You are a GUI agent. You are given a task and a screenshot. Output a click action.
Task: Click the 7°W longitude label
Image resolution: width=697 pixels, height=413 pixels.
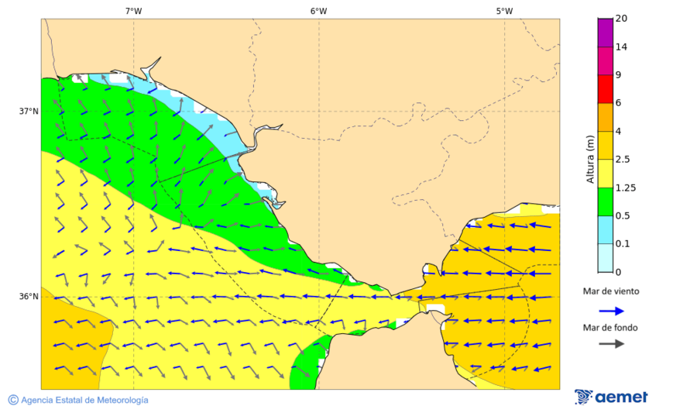click(x=133, y=11)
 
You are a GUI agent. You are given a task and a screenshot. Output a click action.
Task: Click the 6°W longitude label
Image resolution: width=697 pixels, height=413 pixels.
click(x=318, y=11)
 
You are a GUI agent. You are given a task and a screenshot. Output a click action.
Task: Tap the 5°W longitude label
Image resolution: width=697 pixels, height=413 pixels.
click(x=504, y=11)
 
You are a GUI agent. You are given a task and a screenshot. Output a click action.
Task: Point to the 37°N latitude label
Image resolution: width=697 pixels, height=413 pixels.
click(x=29, y=111)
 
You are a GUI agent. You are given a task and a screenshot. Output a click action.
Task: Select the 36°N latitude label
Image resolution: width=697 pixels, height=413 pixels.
click(x=29, y=297)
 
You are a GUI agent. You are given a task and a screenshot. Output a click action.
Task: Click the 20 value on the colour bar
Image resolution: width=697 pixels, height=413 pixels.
click(x=621, y=19)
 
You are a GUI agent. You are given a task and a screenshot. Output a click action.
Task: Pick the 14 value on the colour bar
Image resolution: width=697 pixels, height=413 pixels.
click(x=621, y=47)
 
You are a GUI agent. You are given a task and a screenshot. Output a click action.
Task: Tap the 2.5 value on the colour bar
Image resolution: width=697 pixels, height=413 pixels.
click(x=622, y=160)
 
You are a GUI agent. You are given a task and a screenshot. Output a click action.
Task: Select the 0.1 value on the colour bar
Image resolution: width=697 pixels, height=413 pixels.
click(x=622, y=244)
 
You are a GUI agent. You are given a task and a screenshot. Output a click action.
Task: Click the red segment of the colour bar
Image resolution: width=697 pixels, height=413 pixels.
click(x=605, y=89)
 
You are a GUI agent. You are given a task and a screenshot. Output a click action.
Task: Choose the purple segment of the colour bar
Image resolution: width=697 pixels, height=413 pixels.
click(x=605, y=33)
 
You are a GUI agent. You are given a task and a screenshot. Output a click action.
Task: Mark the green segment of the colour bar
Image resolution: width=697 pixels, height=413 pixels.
click(x=605, y=201)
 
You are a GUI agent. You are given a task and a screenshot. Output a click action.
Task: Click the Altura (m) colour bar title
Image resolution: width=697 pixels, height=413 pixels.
click(x=590, y=160)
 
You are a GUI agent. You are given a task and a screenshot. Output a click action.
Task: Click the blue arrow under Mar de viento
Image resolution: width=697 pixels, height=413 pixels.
click(x=612, y=311)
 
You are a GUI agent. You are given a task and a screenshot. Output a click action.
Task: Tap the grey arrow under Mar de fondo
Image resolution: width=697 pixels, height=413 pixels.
click(x=612, y=343)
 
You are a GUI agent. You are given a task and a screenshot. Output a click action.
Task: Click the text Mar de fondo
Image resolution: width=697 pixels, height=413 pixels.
click(x=611, y=328)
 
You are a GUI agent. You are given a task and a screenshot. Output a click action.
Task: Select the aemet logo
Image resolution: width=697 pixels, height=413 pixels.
click(x=611, y=397)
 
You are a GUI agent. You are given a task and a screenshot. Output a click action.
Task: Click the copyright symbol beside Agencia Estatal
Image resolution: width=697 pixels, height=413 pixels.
click(x=13, y=400)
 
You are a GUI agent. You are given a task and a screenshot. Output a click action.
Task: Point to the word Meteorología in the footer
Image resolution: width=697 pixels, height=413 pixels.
click(x=119, y=401)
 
